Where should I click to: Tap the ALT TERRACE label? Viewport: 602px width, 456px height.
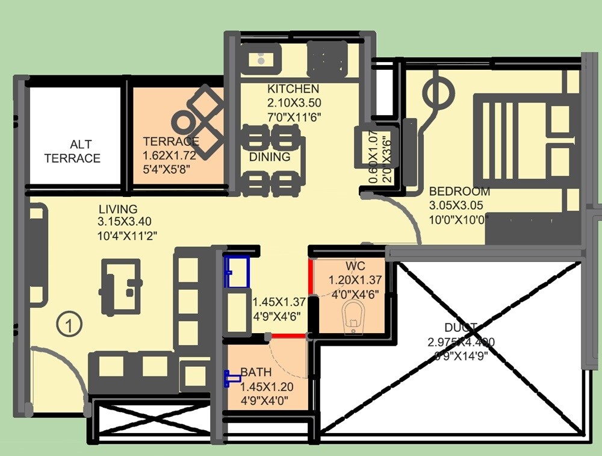(x=72, y=151)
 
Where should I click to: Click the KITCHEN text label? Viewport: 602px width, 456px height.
(x=293, y=89)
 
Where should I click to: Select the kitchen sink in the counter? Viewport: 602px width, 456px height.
(x=261, y=59)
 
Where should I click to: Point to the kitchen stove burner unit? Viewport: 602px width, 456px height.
(x=329, y=60)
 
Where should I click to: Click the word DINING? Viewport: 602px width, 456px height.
(x=270, y=157)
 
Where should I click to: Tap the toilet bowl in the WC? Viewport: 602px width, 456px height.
(x=353, y=317)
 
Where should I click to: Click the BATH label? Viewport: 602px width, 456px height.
(x=256, y=372)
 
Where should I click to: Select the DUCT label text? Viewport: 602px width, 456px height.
(x=461, y=328)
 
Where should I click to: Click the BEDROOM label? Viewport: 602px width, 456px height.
(x=459, y=192)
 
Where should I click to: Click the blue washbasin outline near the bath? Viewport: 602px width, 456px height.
(x=237, y=272)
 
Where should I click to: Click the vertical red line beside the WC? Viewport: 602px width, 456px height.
(x=311, y=296)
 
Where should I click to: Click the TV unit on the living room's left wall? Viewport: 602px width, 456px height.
(x=37, y=256)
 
